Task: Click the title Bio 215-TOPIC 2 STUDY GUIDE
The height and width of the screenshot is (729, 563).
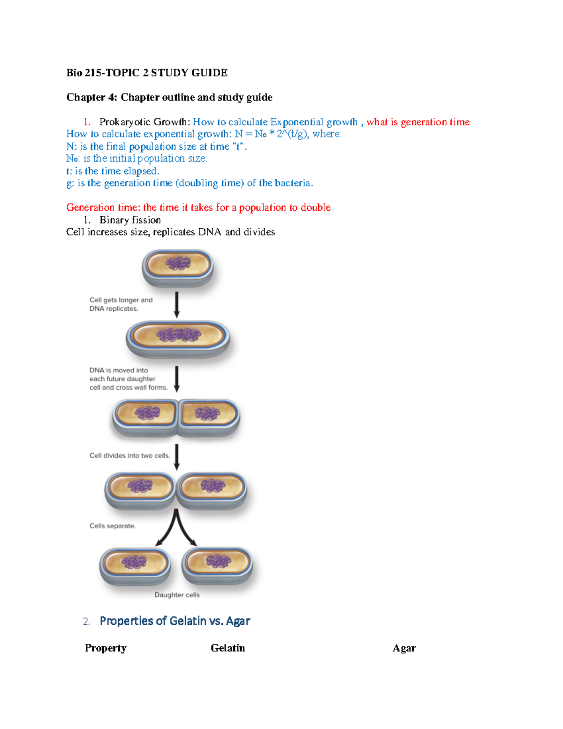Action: [147, 73]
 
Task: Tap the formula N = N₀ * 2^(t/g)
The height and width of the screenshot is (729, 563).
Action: [272, 134]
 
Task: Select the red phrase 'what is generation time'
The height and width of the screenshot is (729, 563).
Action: [418, 122]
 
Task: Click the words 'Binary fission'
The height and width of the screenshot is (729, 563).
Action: [130, 220]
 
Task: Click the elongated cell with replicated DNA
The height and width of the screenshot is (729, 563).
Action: [178, 337]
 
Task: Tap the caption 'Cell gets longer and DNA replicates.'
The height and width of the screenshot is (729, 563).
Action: [121, 304]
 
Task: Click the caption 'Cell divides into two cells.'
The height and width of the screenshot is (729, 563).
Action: [129, 455]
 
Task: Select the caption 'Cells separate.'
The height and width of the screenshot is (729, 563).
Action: [113, 526]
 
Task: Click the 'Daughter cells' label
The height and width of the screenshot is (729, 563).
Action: [177, 595]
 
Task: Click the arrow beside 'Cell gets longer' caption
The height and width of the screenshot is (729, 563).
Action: [177, 305]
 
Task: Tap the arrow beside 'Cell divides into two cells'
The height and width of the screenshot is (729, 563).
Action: [177, 457]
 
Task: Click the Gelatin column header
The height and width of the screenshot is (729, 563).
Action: [228, 648]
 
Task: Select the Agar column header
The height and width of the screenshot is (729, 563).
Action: [404, 648]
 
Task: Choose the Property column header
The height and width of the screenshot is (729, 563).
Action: [106, 648]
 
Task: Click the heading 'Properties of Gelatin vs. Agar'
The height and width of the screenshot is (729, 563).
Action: [175, 621]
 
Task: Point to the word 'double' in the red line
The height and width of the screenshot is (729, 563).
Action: [315, 207]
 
